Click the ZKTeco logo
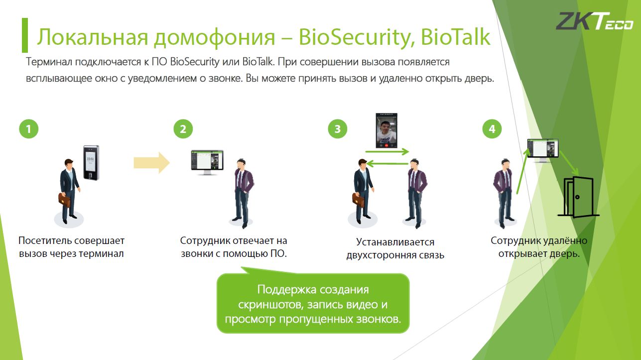595,21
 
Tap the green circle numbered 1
28,129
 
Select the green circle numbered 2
183,129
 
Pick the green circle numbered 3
338,129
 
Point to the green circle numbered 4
492,129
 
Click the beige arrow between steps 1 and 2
152,163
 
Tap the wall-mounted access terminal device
92,162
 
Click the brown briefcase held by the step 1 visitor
64,200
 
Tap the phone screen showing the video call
386,130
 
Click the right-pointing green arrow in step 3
387,152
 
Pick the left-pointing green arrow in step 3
387,164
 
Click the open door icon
578,197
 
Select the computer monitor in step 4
543,150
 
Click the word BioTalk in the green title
456,37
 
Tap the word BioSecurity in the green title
357,38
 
